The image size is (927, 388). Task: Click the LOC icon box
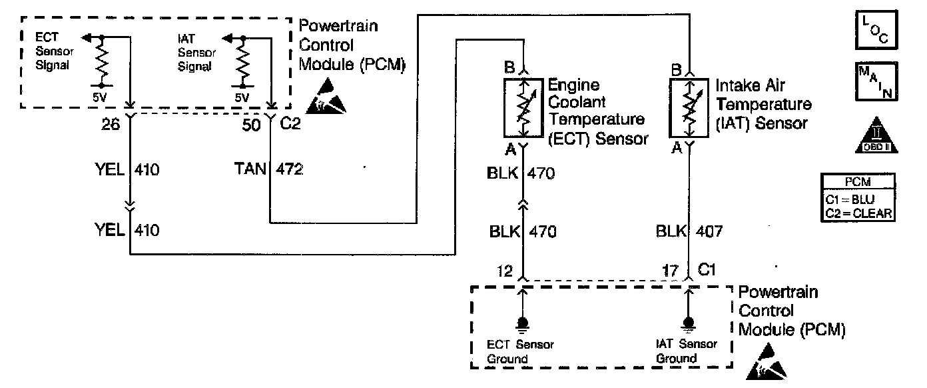pyautogui.click(x=874, y=31)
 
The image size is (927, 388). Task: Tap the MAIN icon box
pyautogui.click(x=874, y=81)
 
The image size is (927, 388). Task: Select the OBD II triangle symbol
pyautogui.click(x=874, y=137)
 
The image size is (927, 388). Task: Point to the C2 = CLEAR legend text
pyautogui.click(x=859, y=213)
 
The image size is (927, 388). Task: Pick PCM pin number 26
pyautogui.click(x=113, y=124)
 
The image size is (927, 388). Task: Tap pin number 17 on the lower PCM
pyautogui.click(x=671, y=271)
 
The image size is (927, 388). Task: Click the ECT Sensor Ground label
pyautogui.click(x=520, y=351)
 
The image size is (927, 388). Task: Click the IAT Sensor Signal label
pyautogui.click(x=194, y=53)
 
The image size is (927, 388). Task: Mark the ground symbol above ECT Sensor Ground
pyautogui.click(x=523, y=325)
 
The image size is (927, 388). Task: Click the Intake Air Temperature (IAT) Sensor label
pyautogui.click(x=763, y=104)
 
